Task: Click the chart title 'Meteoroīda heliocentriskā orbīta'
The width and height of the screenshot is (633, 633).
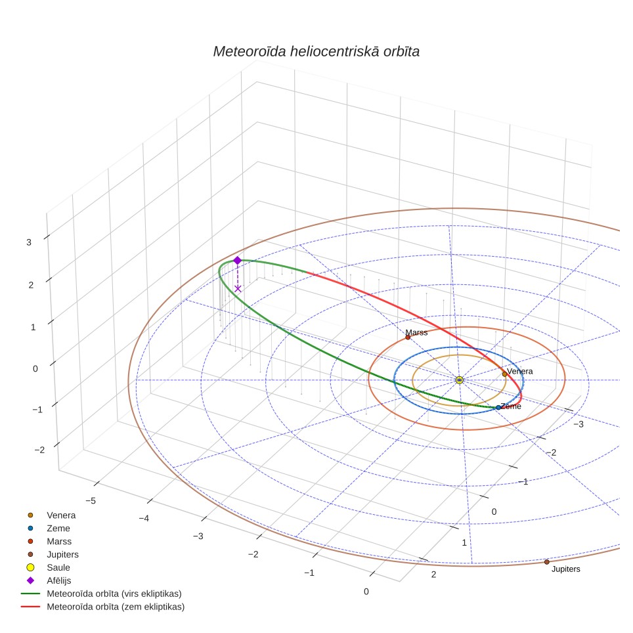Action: point(316,52)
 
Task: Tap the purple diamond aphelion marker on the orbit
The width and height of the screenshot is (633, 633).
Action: point(238,261)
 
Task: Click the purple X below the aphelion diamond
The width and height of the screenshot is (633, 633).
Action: point(238,289)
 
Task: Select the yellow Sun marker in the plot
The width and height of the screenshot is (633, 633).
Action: point(459,380)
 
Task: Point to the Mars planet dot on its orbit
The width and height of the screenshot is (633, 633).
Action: point(408,337)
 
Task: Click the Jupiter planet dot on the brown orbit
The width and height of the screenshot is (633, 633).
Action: point(546,562)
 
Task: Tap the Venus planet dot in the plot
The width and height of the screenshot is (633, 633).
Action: point(504,374)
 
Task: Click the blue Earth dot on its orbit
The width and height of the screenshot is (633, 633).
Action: point(498,408)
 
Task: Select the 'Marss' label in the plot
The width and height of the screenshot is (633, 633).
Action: point(416,332)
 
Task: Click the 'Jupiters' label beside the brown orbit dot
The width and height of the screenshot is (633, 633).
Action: point(565,569)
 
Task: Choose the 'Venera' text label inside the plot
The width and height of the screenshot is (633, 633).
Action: point(520,371)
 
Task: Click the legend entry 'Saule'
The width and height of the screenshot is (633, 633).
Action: point(58,567)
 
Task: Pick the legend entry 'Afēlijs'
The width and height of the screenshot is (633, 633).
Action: point(59,580)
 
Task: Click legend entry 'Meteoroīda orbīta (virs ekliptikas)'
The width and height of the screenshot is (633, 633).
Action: point(114,594)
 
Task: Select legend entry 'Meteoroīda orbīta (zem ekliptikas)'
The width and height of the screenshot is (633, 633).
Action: point(116,607)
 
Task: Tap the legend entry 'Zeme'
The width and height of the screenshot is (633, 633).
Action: point(58,529)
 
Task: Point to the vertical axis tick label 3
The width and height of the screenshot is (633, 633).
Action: point(29,242)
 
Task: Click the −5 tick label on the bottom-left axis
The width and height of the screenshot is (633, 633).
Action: point(91,501)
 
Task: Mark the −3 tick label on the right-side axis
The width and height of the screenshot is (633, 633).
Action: point(578,424)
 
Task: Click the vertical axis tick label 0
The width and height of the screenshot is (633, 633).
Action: point(35,368)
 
